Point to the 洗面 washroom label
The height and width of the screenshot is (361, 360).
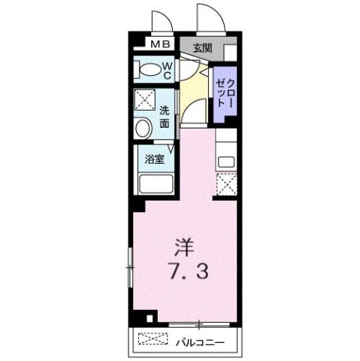[x=165, y=116]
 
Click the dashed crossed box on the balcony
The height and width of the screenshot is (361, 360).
[x=153, y=341]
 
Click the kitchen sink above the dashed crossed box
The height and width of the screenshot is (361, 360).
[x=226, y=159]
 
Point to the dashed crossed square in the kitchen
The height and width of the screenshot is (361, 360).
[x=226, y=183]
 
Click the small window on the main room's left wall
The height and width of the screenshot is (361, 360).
[x=128, y=265]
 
